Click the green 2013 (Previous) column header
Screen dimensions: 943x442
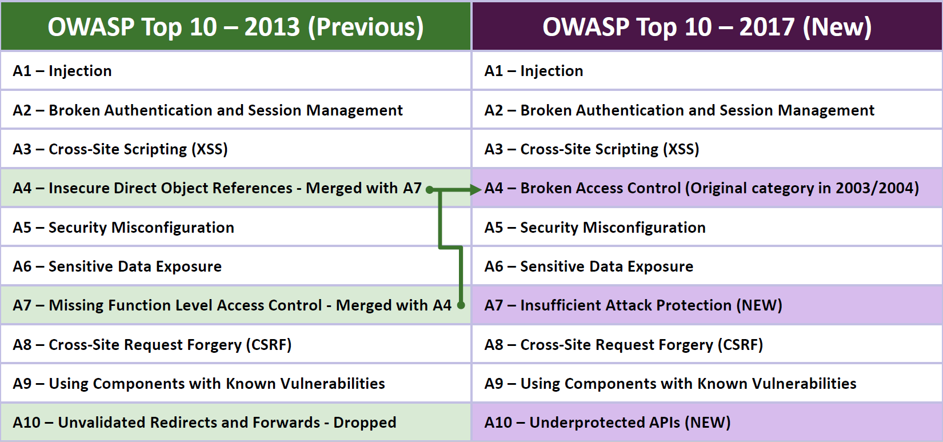235,26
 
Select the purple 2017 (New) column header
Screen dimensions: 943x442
708,26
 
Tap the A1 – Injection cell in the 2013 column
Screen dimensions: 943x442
235,70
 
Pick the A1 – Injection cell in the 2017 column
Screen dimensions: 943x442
708,70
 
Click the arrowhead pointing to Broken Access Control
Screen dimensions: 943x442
476,190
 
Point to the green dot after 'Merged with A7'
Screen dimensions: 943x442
429,190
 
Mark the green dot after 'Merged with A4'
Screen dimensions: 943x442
461,305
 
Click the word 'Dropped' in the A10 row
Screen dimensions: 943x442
365,423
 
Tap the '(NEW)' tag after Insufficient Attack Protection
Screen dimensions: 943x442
759,305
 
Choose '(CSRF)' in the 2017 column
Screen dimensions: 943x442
740,345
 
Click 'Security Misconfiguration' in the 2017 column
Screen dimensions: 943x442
613,228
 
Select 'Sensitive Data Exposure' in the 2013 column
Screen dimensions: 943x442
135,266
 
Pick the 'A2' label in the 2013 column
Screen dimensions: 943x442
22,110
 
